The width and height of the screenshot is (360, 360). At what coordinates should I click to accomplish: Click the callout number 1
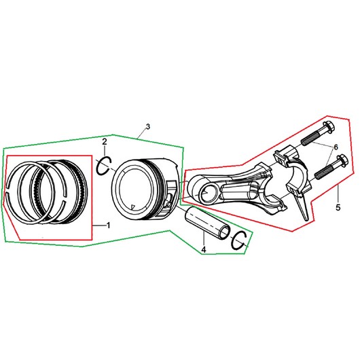109,226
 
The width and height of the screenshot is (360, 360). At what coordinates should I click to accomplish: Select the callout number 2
105,142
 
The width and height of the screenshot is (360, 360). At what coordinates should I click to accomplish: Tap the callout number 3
148,126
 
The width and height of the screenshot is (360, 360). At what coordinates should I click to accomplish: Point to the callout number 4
204,249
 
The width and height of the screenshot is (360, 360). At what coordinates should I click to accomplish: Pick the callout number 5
338,207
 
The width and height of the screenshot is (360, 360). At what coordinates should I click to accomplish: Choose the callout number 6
336,147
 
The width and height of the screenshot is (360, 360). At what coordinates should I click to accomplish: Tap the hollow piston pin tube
206,222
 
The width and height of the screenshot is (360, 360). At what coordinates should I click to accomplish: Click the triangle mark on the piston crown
132,207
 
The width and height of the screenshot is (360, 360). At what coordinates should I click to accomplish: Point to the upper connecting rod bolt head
329,127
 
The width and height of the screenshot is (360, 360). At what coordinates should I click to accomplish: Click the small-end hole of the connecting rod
208,193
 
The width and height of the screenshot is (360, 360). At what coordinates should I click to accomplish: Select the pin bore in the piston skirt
169,200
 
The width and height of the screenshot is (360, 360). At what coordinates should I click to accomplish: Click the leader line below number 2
105,151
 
